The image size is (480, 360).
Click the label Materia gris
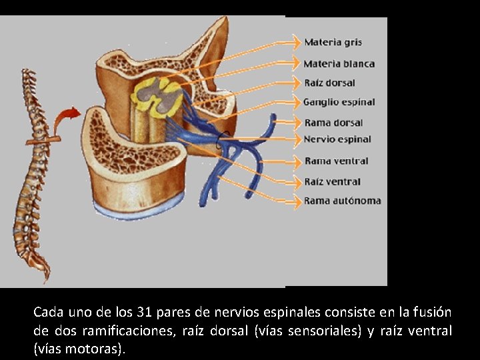tap(333, 43)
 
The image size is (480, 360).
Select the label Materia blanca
tap(339, 64)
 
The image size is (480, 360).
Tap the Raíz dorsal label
tap(329, 83)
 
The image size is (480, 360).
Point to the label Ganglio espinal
tap(339, 103)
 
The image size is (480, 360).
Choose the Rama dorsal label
tap(333, 123)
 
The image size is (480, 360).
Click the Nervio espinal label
tap(337, 139)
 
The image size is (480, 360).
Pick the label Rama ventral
tap(336, 161)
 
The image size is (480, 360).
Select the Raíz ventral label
tap(332, 181)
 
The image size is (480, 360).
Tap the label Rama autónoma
tap(343, 201)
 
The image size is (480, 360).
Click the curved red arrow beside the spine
tap(65, 119)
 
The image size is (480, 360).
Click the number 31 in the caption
tap(144, 312)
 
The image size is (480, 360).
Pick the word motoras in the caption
tap(98, 349)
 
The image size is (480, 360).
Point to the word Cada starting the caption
tap(47, 312)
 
